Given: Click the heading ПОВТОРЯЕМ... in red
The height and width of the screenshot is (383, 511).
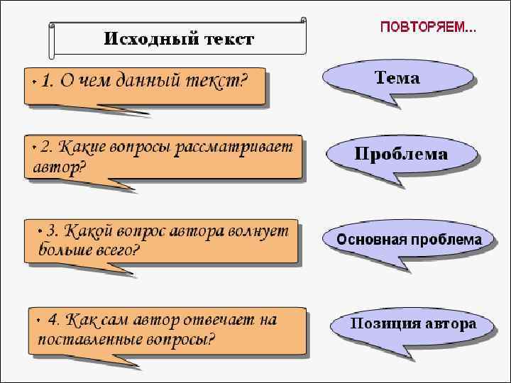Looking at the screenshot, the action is tap(428, 28).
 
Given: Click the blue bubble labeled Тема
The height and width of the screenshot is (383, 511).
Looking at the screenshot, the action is tap(397, 79).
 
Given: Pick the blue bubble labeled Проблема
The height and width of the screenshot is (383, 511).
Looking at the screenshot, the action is tap(401, 155).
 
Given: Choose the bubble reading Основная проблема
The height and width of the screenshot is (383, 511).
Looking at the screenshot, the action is tap(409, 240).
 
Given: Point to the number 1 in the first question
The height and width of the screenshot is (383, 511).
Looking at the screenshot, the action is tap(45, 82).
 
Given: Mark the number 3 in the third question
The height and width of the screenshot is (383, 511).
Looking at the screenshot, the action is tap(50, 231).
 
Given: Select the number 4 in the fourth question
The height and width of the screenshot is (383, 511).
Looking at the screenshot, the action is tap(52, 320).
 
